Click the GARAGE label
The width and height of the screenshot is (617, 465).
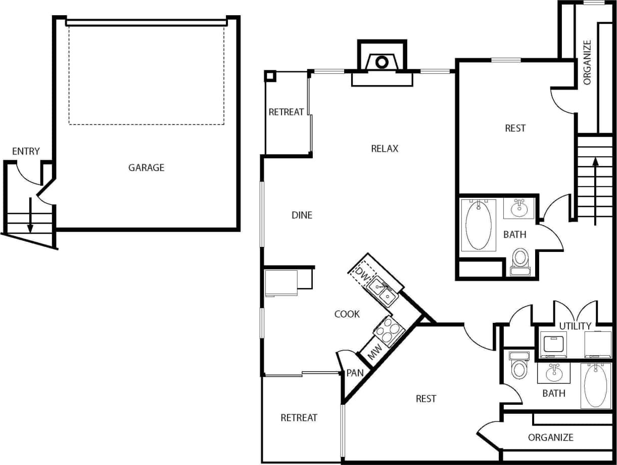tap(146, 167)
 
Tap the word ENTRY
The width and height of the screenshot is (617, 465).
tap(26, 151)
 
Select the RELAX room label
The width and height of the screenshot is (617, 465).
tap(385, 148)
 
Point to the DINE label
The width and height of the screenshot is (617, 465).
tap(302, 215)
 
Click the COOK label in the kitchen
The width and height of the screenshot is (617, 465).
tap(347, 314)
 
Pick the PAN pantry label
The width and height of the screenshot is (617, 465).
tap(355, 373)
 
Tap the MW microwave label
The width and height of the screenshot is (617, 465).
tap(375, 353)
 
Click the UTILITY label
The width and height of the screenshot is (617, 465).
tap(575, 325)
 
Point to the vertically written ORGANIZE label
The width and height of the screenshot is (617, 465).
tap(587, 62)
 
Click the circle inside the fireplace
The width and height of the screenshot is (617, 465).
tap(382, 62)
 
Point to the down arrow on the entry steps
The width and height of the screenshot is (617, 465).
tap(30, 215)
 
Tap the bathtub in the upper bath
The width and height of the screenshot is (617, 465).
tap(478, 225)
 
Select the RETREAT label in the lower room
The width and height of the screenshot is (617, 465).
tap(299, 417)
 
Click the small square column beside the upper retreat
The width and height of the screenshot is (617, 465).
tap(270, 76)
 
